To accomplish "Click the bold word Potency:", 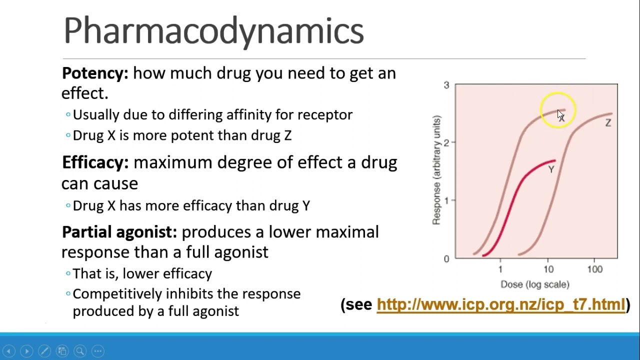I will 95,73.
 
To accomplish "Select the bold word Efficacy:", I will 95,162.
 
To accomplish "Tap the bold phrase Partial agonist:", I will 119,232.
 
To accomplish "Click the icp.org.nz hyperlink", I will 500,304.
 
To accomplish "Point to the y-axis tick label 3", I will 446,85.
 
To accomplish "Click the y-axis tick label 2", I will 446,142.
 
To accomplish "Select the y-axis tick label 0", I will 446,258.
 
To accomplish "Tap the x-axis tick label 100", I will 594,269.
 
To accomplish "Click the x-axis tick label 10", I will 548,269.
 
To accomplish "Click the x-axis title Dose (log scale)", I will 534,284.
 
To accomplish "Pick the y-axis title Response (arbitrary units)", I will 436,170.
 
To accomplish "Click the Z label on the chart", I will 608,123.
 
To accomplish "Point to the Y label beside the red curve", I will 551,169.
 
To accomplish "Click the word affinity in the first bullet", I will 248,115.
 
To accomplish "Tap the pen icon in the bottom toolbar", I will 44,351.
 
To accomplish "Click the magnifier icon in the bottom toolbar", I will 80,351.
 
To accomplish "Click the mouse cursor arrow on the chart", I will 560,115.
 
